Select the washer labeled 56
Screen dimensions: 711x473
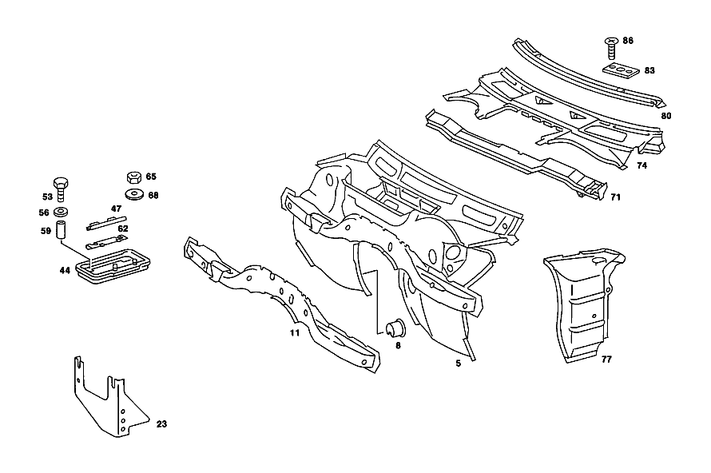[60, 211]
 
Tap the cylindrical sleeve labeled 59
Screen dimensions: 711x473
[61, 230]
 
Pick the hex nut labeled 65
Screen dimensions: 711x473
[134, 177]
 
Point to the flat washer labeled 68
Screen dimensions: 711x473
[135, 194]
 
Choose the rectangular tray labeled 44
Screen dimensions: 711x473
[113, 266]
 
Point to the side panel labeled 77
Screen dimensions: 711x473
[585, 304]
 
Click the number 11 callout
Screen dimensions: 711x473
[295, 333]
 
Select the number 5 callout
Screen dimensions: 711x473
[459, 364]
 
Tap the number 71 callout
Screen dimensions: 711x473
[615, 197]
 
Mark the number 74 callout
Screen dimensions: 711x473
[641, 165]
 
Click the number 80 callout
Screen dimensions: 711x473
[665, 116]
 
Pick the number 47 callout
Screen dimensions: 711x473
[116, 209]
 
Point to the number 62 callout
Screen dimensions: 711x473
[123, 229]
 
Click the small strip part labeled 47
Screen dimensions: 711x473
[106, 223]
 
